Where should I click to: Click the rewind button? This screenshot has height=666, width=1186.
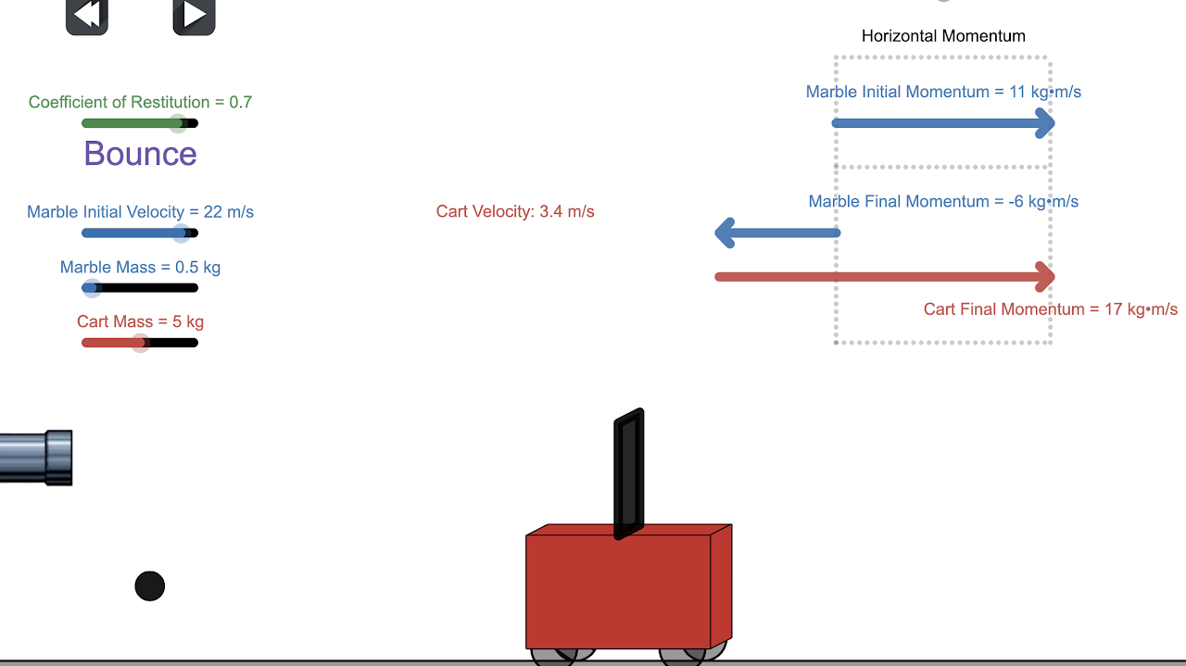tap(87, 16)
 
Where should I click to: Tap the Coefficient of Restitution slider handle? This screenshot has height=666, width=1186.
tap(178, 123)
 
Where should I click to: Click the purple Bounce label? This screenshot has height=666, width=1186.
tap(140, 154)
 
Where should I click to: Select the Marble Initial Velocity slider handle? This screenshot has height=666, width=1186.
tap(181, 233)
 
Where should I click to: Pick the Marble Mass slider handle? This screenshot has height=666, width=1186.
tap(91, 288)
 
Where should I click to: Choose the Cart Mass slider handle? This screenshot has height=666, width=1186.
tap(140, 343)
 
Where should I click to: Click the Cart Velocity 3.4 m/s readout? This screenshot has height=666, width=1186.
tap(515, 212)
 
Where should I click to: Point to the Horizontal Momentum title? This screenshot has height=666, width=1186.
tap(943, 36)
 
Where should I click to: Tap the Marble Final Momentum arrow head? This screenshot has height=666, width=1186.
tap(725, 232)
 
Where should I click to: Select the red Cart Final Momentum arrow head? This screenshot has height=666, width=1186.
tap(1046, 276)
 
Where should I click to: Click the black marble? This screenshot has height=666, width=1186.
tap(150, 586)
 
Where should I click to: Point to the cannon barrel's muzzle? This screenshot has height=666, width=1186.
tap(59, 458)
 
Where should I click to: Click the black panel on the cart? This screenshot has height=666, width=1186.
tap(628, 473)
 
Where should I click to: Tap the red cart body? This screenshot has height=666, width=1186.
tap(618, 591)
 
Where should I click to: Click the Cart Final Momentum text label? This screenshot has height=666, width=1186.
tap(1050, 309)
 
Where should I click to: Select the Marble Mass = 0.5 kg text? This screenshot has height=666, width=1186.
tap(140, 268)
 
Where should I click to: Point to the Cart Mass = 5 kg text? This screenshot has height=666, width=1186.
tap(140, 322)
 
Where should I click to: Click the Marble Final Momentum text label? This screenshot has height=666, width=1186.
tap(943, 202)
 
